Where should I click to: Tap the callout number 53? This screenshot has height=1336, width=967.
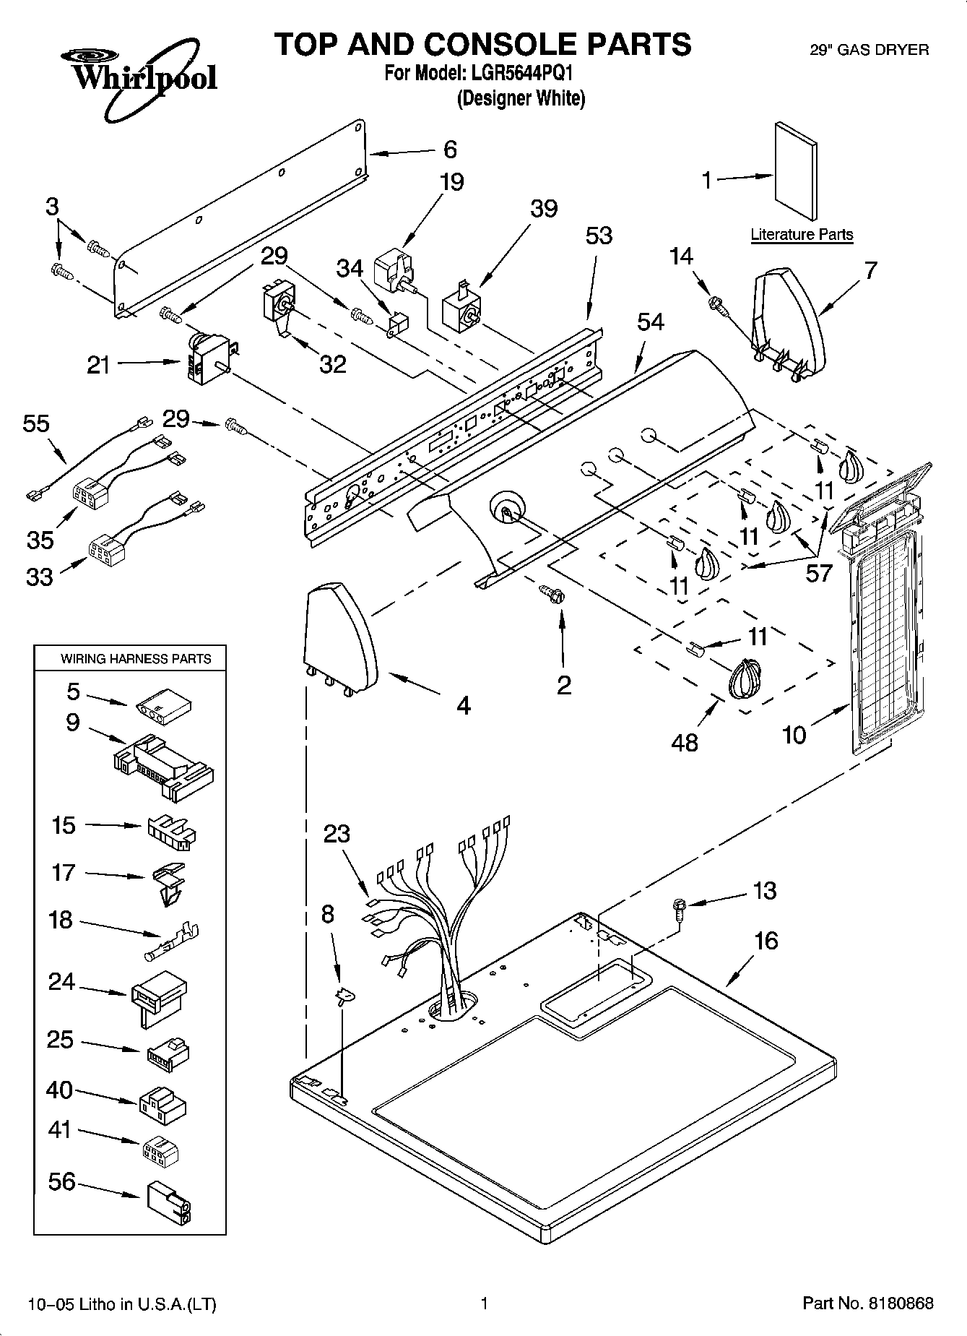[x=599, y=236]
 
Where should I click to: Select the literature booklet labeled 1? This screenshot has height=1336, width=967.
[x=797, y=171]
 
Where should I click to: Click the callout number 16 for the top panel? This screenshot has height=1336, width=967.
[x=766, y=941]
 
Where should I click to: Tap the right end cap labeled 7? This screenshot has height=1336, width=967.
[x=789, y=322]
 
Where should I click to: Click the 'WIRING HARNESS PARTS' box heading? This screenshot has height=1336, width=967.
[x=136, y=659]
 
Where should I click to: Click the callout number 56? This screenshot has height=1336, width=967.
[x=61, y=1181]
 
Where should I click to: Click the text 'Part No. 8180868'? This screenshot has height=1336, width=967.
[x=868, y=1303]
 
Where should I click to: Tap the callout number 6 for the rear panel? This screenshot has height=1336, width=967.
[x=450, y=150]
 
